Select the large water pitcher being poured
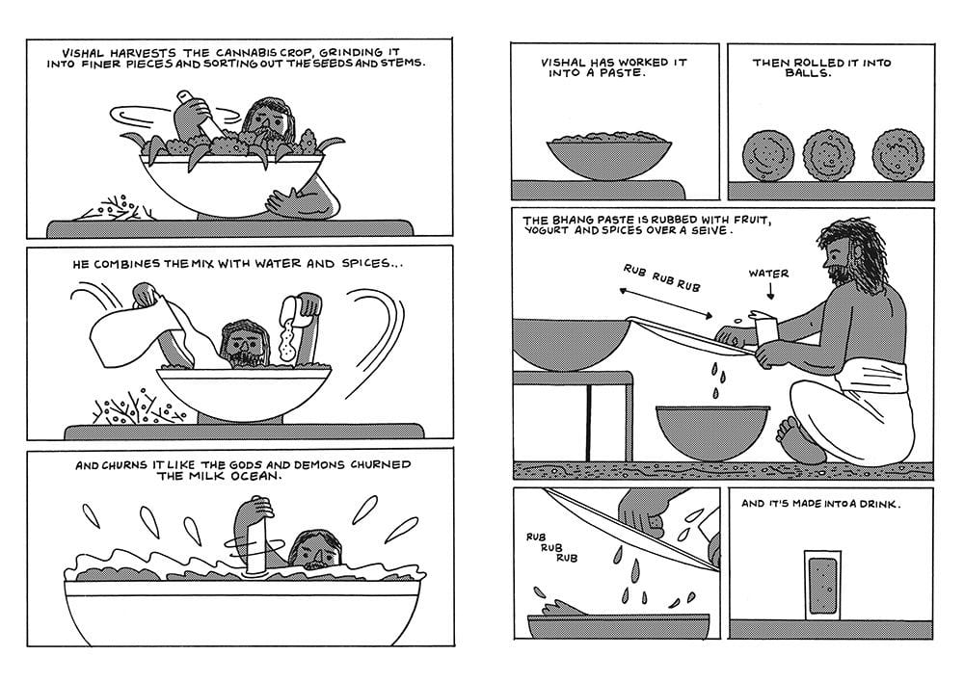(x=143, y=326)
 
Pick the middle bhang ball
(x=828, y=155)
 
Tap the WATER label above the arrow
(x=768, y=274)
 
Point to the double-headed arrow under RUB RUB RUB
(x=666, y=303)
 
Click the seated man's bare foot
(x=798, y=438)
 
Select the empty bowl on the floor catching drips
(x=712, y=433)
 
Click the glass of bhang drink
(x=822, y=586)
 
